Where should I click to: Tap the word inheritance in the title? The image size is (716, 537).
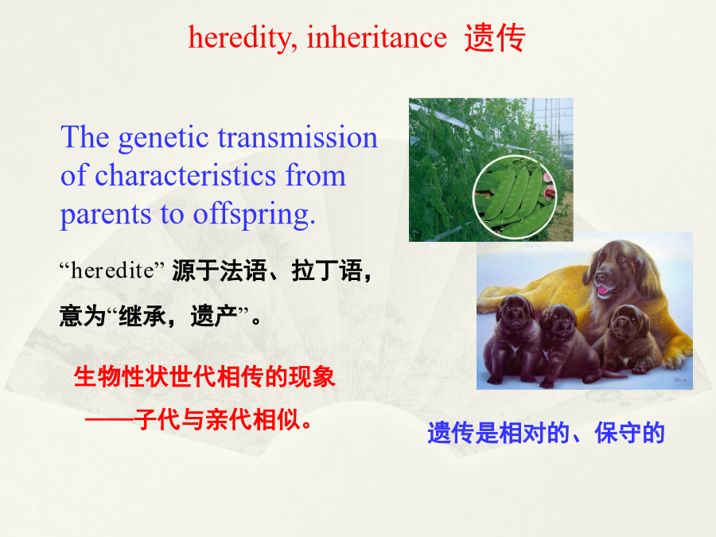pyautogui.click(x=377, y=37)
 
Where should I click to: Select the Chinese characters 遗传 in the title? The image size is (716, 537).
pyautogui.click(x=495, y=38)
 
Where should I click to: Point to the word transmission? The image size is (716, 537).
pyautogui.click(x=298, y=137)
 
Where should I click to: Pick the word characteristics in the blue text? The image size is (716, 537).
pyautogui.click(x=185, y=175)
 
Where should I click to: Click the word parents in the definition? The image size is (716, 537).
pyautogui.click(x=106, y=216)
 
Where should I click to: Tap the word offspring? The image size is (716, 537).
pyautogui.click(x=254, y=215)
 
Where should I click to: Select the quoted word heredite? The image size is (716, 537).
pyautogui.click(x=112, y=270)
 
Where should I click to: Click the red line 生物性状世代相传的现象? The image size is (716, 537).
pyautogui.click(x=204, y=377)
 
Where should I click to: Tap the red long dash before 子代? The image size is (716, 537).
pyautogui.click(x=110, y=419)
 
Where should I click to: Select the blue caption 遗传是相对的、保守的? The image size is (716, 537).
pyautogui.click(x=546, y=433)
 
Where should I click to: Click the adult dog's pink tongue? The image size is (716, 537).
pyautogui.click(x=604, y=290)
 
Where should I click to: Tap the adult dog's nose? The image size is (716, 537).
pyautogui.click(x=600, y=277)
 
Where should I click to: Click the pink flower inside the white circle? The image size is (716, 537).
pyautogui.click(x=550, y=192)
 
